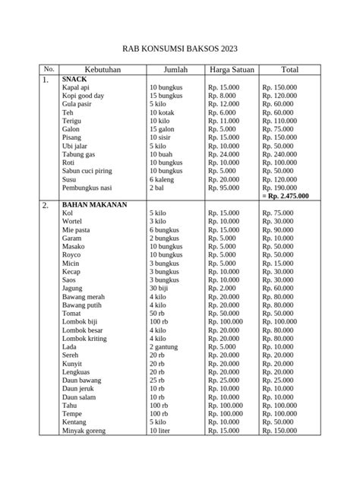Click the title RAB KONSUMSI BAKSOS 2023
point(179,44)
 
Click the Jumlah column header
point(174,70)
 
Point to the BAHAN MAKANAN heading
point(94,204)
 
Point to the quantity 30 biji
point(162,289)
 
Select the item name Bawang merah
point(84,297)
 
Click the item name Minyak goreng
point(84,431)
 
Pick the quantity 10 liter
point(163,431)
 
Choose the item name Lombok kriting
point(84,338)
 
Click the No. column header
point(49,70)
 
